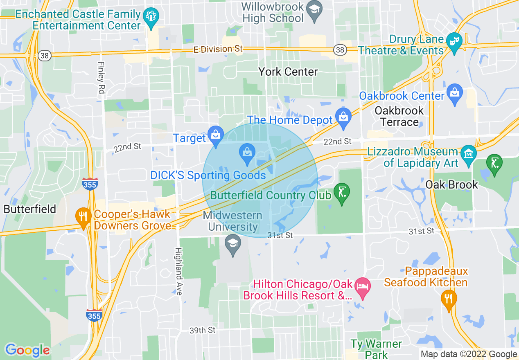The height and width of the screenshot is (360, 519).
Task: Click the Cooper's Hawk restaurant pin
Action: pos(83,216)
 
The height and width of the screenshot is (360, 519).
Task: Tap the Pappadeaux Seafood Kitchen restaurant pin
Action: pos(449,298)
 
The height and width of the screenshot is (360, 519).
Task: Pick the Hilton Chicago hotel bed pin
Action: pos(362,286)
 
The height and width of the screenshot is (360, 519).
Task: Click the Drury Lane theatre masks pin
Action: pos(454,41)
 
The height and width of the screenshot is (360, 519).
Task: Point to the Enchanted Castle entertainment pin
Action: pos(151,16)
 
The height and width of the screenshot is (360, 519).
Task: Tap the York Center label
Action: pos(288,72)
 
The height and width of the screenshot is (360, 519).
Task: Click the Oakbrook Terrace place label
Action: pos(399,117)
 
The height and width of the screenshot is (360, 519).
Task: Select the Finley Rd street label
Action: pos(101,78)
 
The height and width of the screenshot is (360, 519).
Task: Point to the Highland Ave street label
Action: pos(179,271)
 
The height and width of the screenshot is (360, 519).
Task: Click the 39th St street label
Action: pos(202,330)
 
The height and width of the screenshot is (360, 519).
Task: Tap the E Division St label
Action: pos(218,49)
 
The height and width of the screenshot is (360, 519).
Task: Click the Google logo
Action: pos(27,350)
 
